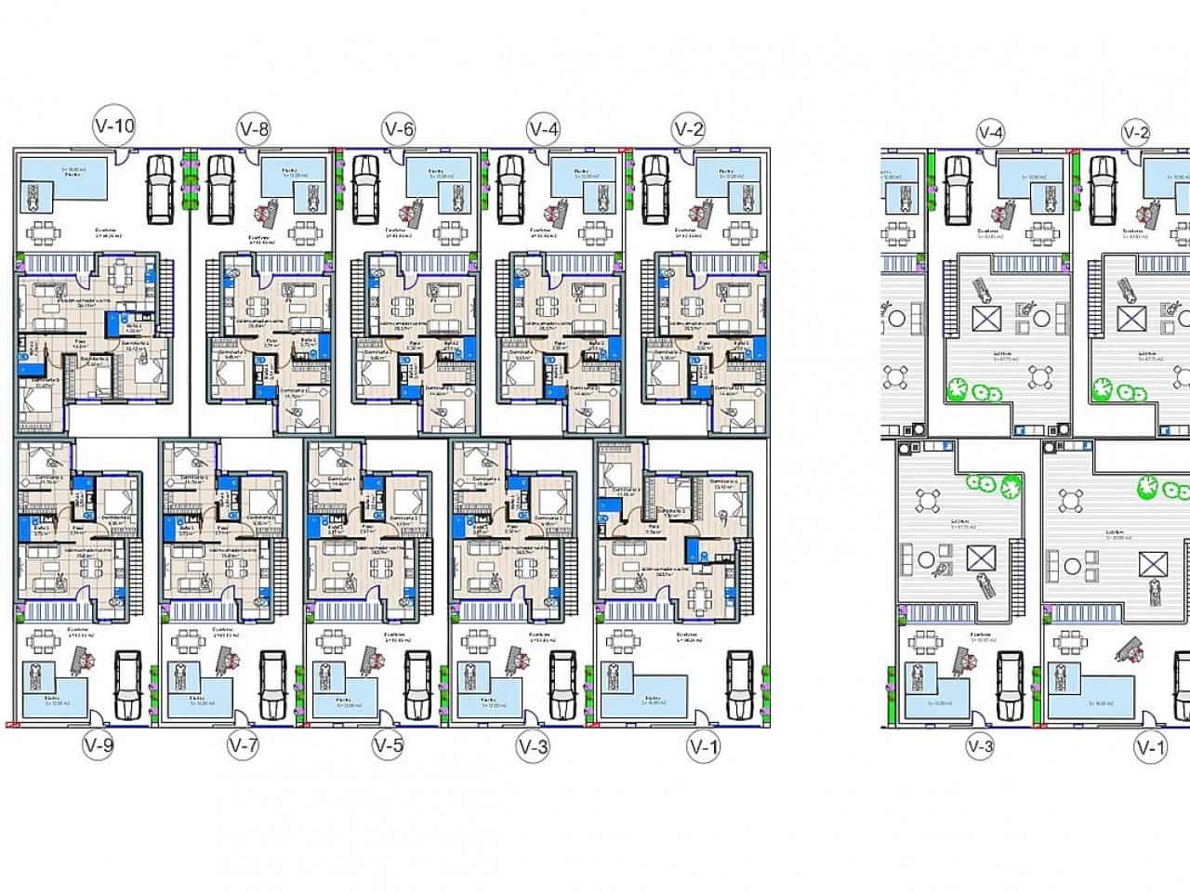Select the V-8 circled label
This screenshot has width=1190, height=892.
click(254, 129)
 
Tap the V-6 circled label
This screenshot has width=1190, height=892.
click(398, 129)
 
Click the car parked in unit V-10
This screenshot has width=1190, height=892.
click(160, 190)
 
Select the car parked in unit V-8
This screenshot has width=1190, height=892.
click(220, 190)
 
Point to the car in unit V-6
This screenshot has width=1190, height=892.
click(365, 190)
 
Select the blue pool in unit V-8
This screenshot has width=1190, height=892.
click(293, 177)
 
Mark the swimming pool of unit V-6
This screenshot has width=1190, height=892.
click(437, 177)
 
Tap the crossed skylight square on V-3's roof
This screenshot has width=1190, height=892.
click(979, 558)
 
